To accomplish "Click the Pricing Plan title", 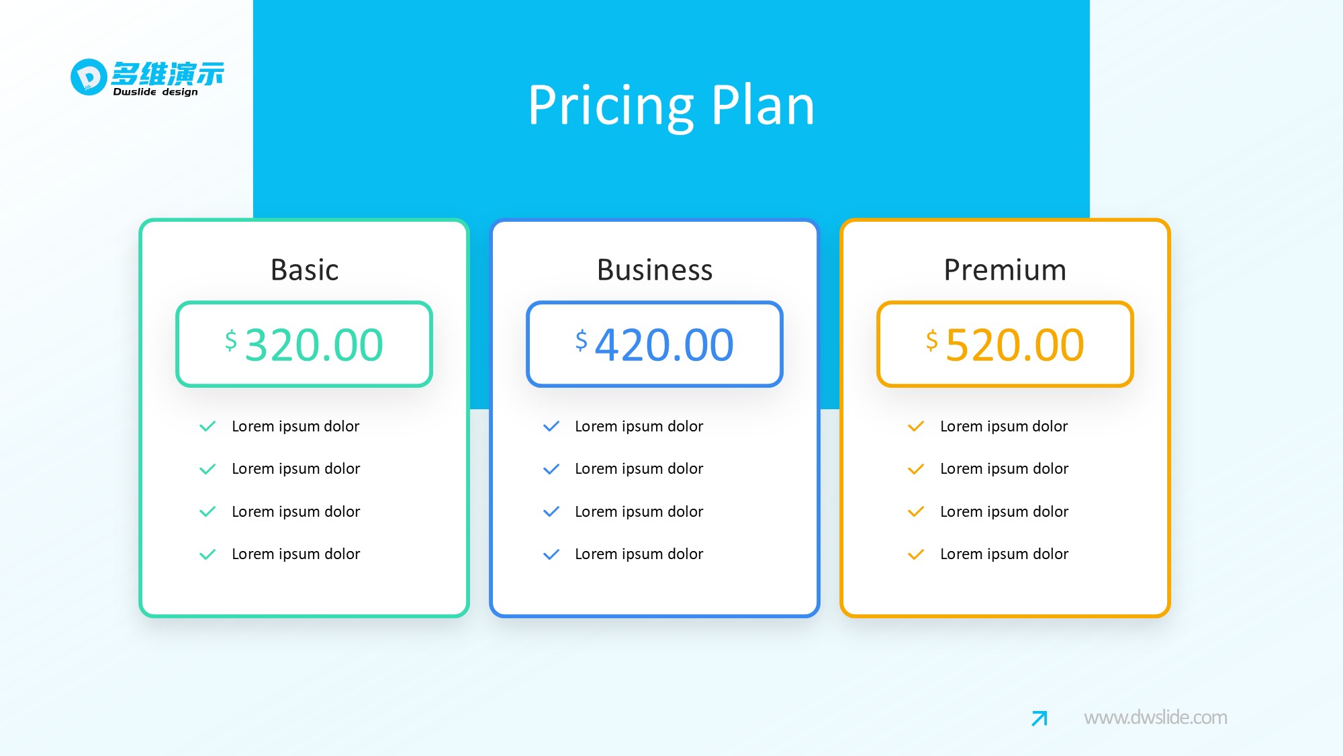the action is tap(671, 106).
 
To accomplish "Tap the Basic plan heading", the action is tap(304, 270).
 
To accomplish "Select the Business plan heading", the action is tap(655, 270).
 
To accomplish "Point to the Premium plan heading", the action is tap(1005, 270).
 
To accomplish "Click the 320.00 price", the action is tap(314, 345).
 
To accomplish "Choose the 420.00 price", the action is tap(665, 345).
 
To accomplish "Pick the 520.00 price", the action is tap(1015, 345).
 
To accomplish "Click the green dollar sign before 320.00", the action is tap(231, 340).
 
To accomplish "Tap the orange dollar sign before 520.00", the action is tap(932, 340).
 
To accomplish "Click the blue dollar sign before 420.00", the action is tap(582, 340).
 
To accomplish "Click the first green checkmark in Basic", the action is tap(207, 426).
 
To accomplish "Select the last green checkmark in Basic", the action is tap(207, 554).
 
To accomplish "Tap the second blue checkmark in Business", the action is tap(551, 469).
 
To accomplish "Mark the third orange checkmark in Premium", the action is tap(916, 512).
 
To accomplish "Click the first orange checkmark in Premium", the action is tap(916, 426).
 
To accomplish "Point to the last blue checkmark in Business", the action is tap(551, 554).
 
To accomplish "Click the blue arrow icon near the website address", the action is tap(1039, 718).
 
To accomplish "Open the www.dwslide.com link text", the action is tap(1156, 718).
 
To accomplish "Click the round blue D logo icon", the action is tap(89, 77).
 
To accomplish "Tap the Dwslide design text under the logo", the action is tap(155, 92).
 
